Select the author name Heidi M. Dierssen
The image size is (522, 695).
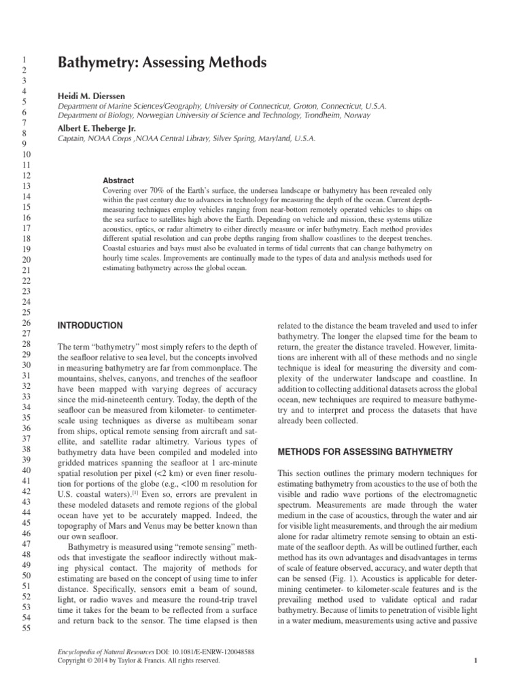tap(92, 96)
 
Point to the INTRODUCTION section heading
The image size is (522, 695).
tap(90, 325)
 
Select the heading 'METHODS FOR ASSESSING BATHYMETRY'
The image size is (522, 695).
tap(366, 451)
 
